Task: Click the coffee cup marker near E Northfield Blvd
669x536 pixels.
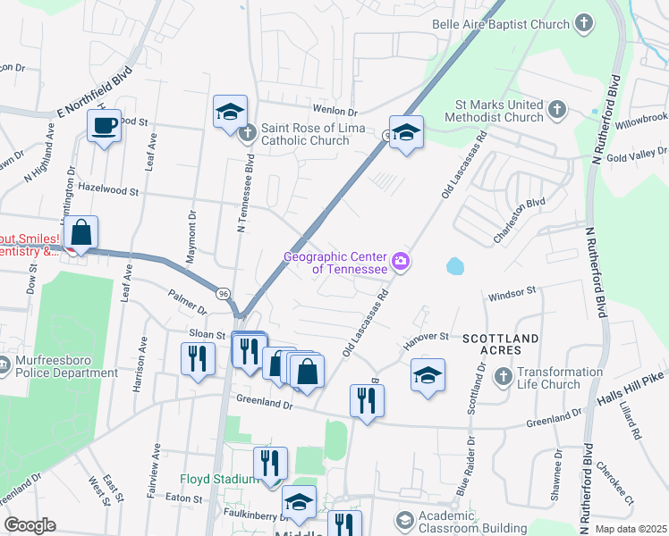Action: pos(104,126)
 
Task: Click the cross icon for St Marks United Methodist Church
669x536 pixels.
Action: pos(556,110)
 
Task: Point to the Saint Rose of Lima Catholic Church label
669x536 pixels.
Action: pos(304,134)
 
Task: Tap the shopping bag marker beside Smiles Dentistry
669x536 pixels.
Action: pos(80,233)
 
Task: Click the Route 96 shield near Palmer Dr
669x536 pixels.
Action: pos(223,293)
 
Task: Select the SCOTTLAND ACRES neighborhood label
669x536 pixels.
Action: pos(501,345)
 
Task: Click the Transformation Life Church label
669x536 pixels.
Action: pos(559,378)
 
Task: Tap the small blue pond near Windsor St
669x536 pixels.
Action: pos(455,265)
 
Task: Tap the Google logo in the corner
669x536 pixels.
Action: pos(30,525)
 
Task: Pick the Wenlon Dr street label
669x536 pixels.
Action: pos(335,113)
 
